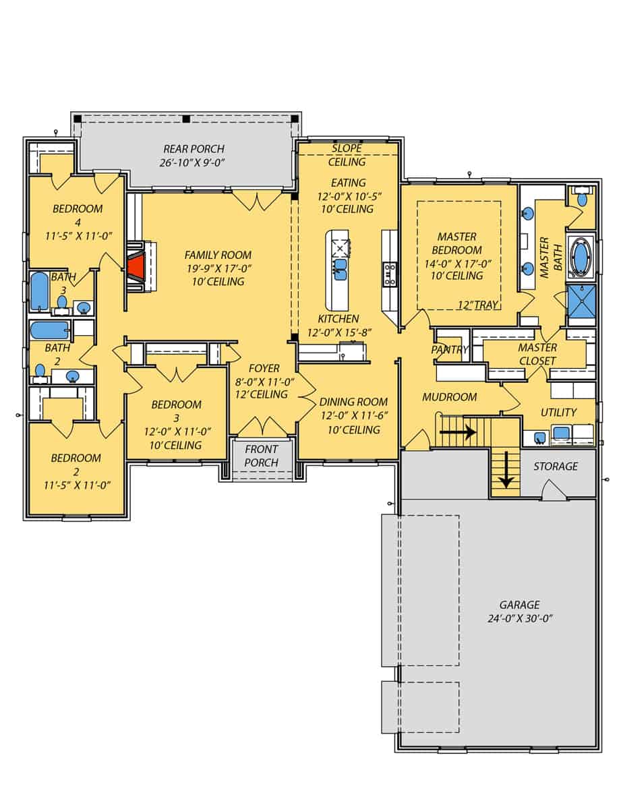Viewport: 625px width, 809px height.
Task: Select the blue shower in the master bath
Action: point(581,301)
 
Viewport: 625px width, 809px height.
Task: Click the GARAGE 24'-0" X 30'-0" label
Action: point(519,611)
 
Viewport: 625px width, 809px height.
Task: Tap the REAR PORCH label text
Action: point(194,148)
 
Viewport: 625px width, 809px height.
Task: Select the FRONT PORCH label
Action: point(262,455)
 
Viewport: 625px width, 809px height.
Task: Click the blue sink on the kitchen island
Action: point(340,269)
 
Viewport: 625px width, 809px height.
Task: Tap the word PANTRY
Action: point(450,349)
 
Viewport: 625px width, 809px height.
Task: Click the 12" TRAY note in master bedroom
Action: point(477,305)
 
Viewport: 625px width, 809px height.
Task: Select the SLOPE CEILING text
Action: point(347,154)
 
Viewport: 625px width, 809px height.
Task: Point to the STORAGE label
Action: point(556,466)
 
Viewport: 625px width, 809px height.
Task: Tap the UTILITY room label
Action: point(558,412)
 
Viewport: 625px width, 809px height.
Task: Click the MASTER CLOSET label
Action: point(537,354)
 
